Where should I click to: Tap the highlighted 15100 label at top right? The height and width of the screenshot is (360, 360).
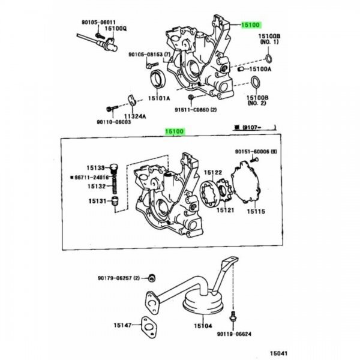[x=250, y=25]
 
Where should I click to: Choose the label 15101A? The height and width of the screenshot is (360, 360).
[x=159, y=98]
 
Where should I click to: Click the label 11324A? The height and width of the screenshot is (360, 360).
[x=135, y=116]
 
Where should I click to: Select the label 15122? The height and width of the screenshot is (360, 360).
[x=216, y=172]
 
